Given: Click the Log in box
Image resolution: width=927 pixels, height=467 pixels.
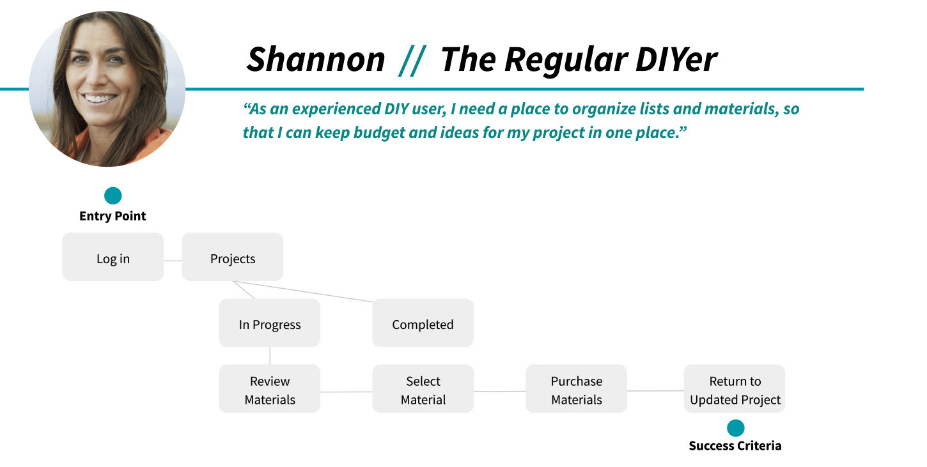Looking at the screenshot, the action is click(x=113, y=257).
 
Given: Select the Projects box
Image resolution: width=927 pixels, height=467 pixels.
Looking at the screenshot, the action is click(x=233, y=257).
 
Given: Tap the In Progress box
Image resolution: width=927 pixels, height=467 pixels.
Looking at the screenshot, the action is click(x=269, y=323).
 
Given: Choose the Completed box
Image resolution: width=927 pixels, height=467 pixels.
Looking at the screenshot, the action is click(x=423, y=323).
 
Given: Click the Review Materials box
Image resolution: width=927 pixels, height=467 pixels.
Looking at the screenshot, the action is click(x=269, y=388).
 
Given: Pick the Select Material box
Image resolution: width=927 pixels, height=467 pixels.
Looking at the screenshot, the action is click(x=423, y=388).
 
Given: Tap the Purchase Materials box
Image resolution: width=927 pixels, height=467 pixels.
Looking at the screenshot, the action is click(x=576, y=388).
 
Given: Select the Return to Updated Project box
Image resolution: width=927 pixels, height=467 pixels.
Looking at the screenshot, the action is click(x=735, y=388).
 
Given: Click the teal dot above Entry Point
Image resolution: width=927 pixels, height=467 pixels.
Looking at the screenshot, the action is click(x=113, y=195).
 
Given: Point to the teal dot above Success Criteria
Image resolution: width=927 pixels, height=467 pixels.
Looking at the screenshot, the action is click(x=735, y=428).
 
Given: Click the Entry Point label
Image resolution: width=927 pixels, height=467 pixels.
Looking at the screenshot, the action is click(x=113, y=216).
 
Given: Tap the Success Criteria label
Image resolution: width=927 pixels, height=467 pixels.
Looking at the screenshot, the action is click(x=735, y=445).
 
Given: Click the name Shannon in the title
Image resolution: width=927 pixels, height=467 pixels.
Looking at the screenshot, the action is click(x=316, y=59).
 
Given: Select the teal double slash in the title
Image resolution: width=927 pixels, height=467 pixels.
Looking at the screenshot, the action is click(x=412, y=61).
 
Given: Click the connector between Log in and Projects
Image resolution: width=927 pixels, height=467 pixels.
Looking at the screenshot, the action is click(x=173, y=261).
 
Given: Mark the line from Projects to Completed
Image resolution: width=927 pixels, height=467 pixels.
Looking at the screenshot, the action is click(x=303, y=291).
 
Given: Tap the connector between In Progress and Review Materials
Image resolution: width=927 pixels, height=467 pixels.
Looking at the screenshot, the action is click(x=270, y=356).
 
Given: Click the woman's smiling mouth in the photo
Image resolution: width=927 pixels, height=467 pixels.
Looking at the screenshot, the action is click(x=99, y=98).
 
